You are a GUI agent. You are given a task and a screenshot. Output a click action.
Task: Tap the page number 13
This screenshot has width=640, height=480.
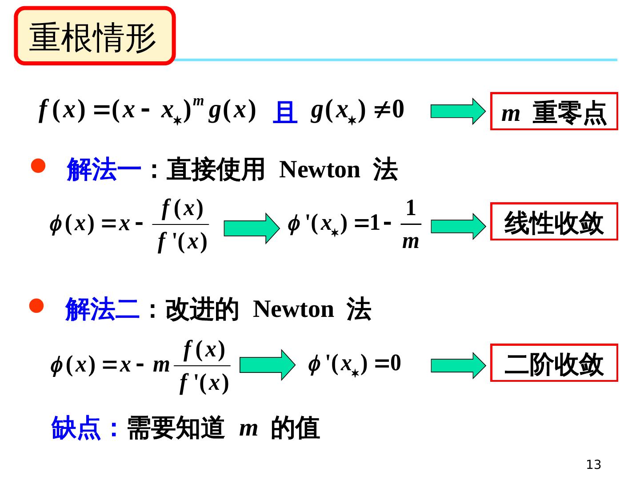593,464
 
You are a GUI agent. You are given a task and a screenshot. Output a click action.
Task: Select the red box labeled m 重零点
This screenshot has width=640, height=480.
554,112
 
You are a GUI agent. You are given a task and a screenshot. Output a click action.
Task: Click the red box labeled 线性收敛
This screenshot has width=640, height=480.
554,222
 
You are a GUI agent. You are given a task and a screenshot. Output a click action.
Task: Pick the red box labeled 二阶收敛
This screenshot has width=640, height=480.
554,363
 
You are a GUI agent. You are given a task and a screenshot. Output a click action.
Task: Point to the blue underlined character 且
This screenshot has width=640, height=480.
285,112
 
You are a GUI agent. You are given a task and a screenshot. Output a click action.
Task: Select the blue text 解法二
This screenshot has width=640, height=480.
102,309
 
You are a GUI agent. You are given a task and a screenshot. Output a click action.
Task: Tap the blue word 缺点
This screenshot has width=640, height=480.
76,428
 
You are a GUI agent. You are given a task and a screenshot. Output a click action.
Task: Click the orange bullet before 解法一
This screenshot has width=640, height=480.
38,166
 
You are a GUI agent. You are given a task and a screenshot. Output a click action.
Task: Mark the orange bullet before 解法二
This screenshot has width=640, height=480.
36,306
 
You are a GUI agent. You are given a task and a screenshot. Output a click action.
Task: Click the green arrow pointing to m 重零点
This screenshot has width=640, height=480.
458,112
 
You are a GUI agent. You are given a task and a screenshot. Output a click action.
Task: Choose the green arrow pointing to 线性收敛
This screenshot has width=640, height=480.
458,226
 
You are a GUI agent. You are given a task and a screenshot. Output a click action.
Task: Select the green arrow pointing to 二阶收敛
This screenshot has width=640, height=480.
458,365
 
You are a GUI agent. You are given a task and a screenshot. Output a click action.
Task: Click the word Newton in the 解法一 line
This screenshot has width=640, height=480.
320,169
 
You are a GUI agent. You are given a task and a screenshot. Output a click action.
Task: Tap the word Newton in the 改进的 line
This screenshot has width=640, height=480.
293,309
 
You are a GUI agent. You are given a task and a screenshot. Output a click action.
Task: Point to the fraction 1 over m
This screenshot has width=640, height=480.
411,224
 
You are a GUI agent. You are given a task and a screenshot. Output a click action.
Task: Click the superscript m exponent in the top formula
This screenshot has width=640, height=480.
198,102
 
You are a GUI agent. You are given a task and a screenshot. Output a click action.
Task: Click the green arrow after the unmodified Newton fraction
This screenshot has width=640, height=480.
252,228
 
